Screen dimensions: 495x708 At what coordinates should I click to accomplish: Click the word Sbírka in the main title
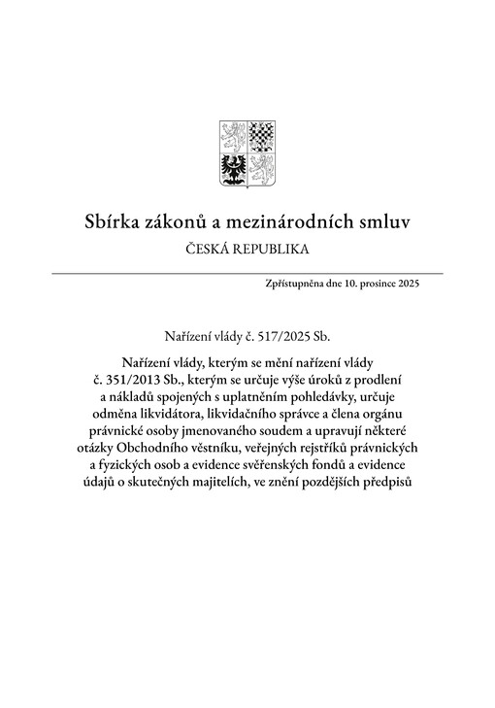click(x=113, y=223)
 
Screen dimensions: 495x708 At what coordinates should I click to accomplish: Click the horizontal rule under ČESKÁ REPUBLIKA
click(x=247, y=273)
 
